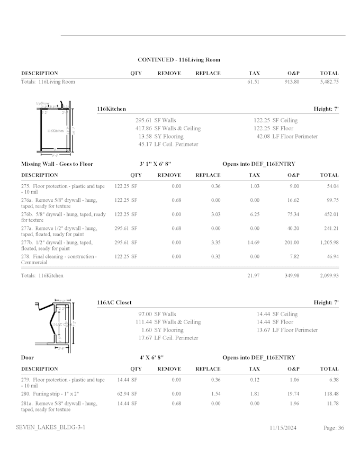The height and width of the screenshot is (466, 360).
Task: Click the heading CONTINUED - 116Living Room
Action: [x=179, y=60]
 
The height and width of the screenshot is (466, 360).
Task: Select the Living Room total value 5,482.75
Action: [x=329, y=82]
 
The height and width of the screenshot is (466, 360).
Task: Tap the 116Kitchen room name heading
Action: [x=111, y=109]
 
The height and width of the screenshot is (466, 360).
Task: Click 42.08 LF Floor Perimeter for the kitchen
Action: [x=287, y=137]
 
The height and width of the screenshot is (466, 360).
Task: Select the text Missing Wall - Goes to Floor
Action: [x=57, y=164]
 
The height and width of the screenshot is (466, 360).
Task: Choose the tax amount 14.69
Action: [x=254, y=243]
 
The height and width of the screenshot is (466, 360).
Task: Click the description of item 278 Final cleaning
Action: [x=59, y=259]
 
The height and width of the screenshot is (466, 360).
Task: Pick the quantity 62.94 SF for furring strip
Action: [x=127, y=394]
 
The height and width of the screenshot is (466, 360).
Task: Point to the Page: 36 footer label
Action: [x=334, y=428]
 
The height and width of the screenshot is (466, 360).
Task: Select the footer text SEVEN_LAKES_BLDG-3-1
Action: [x=50, y=427]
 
